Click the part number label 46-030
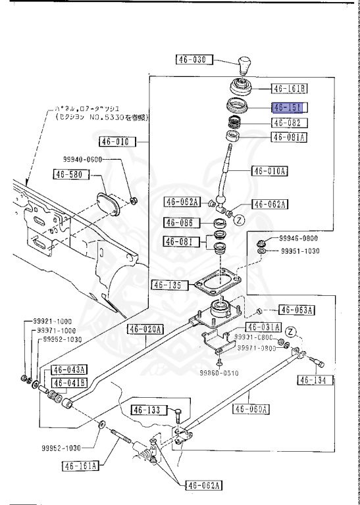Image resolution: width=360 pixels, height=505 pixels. [192, 60]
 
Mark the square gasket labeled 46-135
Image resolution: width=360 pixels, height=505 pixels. [211, 285]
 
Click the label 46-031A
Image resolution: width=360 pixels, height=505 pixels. [263, 327]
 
